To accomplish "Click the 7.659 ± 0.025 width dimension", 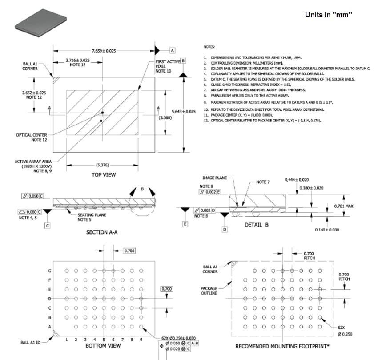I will tap(104, 51).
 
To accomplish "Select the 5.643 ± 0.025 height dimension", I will tap(196, 111).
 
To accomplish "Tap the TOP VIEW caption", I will tap(104, 175).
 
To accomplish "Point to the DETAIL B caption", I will tap(257, 225).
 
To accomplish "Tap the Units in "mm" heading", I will tap(328, 15).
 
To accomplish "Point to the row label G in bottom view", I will tap(50, 271).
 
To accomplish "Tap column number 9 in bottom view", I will tap(141, 340).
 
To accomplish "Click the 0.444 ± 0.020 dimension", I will tap(297, 179).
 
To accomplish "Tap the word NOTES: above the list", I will tap(209, 47).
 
